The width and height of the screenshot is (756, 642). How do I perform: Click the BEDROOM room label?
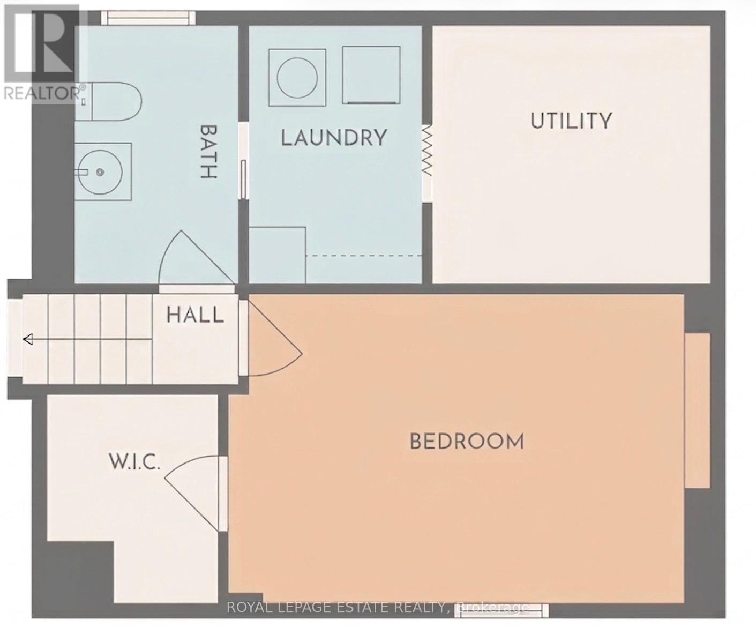(467, 442)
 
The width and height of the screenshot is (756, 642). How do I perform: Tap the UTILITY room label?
(571, 121)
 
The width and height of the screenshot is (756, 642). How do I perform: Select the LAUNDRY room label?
(334, 138)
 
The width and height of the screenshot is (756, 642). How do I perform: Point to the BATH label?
(208, 152)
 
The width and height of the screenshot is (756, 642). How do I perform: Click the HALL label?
(195, 315)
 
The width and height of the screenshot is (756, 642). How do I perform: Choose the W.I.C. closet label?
(134, 461)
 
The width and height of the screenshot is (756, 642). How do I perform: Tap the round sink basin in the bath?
(100, 171)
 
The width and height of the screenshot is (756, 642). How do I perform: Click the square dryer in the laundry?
(371, 74)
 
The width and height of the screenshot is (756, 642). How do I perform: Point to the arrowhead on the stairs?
(28, 339)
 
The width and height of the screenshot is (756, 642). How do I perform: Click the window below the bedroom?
(502, 610)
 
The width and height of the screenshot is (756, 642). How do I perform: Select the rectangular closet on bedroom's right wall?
(697, 410)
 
